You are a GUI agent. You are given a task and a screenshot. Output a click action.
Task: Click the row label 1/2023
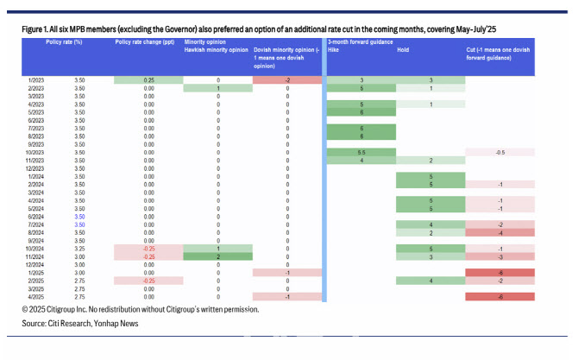tap(35, 80)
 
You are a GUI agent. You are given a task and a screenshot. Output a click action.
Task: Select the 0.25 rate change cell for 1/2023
tap(148, 80)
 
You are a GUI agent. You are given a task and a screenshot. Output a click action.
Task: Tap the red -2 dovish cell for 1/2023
tap(286, 80)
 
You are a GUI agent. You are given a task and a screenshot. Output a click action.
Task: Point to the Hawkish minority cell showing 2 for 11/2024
tap(217, 256)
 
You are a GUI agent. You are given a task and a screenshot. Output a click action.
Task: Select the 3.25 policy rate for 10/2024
tap(79, 248)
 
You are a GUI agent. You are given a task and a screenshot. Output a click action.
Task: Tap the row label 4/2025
tap(35, 296)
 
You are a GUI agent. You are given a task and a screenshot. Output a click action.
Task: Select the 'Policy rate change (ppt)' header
tap(146, 43)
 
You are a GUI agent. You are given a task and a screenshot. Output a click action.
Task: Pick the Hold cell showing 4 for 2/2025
tap(430, 280)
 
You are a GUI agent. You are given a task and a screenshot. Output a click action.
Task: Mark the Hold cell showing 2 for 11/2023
tap(430, 160)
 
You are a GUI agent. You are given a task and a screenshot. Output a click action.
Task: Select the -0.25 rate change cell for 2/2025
tap(148, 280)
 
